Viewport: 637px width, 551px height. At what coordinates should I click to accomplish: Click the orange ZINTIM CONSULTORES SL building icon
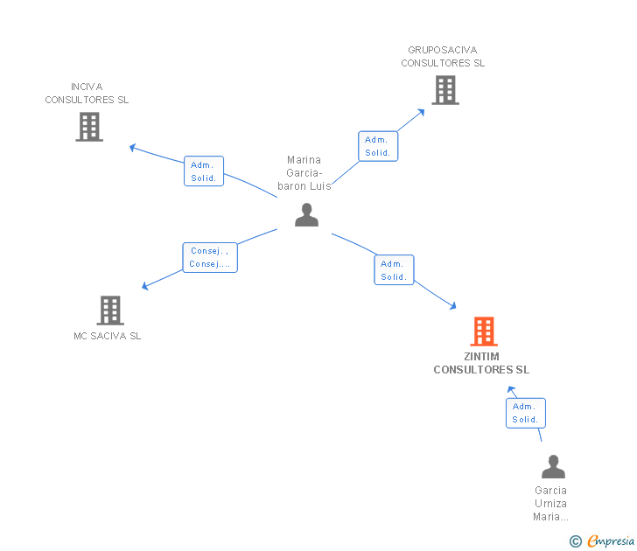click(x=484, y=331)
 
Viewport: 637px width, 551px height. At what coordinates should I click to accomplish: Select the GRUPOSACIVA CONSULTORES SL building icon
click(x=445, y=90)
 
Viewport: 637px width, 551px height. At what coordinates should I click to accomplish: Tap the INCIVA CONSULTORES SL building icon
click(x=89, y=127)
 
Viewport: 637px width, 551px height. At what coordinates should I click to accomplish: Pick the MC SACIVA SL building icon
click(x=110, y=310)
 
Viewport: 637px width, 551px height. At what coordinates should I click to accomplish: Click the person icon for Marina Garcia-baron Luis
click(x=307, y=215)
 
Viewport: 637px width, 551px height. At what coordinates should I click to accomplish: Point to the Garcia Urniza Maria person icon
click(x=553, y=466)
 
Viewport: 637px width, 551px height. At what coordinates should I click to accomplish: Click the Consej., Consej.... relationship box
click(x=210, y=257)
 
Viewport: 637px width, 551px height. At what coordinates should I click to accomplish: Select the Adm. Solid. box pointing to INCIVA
click(x=204, y=171)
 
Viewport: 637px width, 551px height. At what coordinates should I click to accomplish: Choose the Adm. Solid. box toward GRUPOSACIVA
click(x=378, y=146)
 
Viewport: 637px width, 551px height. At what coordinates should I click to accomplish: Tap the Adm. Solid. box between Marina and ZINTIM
click(x=394, y=270)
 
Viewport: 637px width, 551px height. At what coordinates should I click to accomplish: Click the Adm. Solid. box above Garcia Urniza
click(x=525, y=413)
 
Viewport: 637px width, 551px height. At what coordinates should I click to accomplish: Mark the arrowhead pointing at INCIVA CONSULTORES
click(x=132, y=148)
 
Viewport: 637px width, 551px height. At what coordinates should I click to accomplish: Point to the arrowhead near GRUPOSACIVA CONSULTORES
click(x=421, y=112)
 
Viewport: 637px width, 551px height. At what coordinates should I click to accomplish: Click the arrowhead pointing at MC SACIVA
click(x=144, y=286)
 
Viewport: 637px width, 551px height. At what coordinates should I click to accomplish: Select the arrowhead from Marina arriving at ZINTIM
click(x=453, y=306)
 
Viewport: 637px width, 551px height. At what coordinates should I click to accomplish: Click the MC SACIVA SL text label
click(x=108, y=336)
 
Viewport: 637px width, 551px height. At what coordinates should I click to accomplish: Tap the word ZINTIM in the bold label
click(x=481, y=357)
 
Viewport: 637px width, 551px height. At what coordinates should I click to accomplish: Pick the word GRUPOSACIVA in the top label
click(x=443, y=50)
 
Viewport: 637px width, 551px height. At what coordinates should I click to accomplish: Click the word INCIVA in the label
click(x=87, y=87)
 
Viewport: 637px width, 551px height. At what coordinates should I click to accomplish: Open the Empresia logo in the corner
click(x=602, y=541)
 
